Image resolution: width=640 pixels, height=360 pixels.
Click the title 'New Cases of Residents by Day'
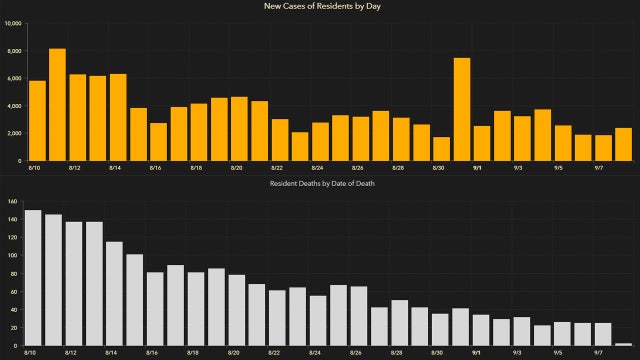pos(319,7)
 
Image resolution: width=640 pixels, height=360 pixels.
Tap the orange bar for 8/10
pos(37,120)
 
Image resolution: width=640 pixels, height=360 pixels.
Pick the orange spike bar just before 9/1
pos(462,109)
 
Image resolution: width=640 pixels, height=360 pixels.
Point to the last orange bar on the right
pos(623,144)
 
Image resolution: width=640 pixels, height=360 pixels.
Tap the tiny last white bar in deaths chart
pos(624,344)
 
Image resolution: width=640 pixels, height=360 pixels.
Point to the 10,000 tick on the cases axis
pos(13,22)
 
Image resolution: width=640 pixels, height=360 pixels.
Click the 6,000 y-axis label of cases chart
pos(14,78)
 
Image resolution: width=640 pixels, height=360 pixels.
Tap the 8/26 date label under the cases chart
pos(357,168)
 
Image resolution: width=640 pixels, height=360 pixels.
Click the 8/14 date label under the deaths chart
pos(113,354)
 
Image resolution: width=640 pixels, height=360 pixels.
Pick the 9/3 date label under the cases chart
pos(518,168)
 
